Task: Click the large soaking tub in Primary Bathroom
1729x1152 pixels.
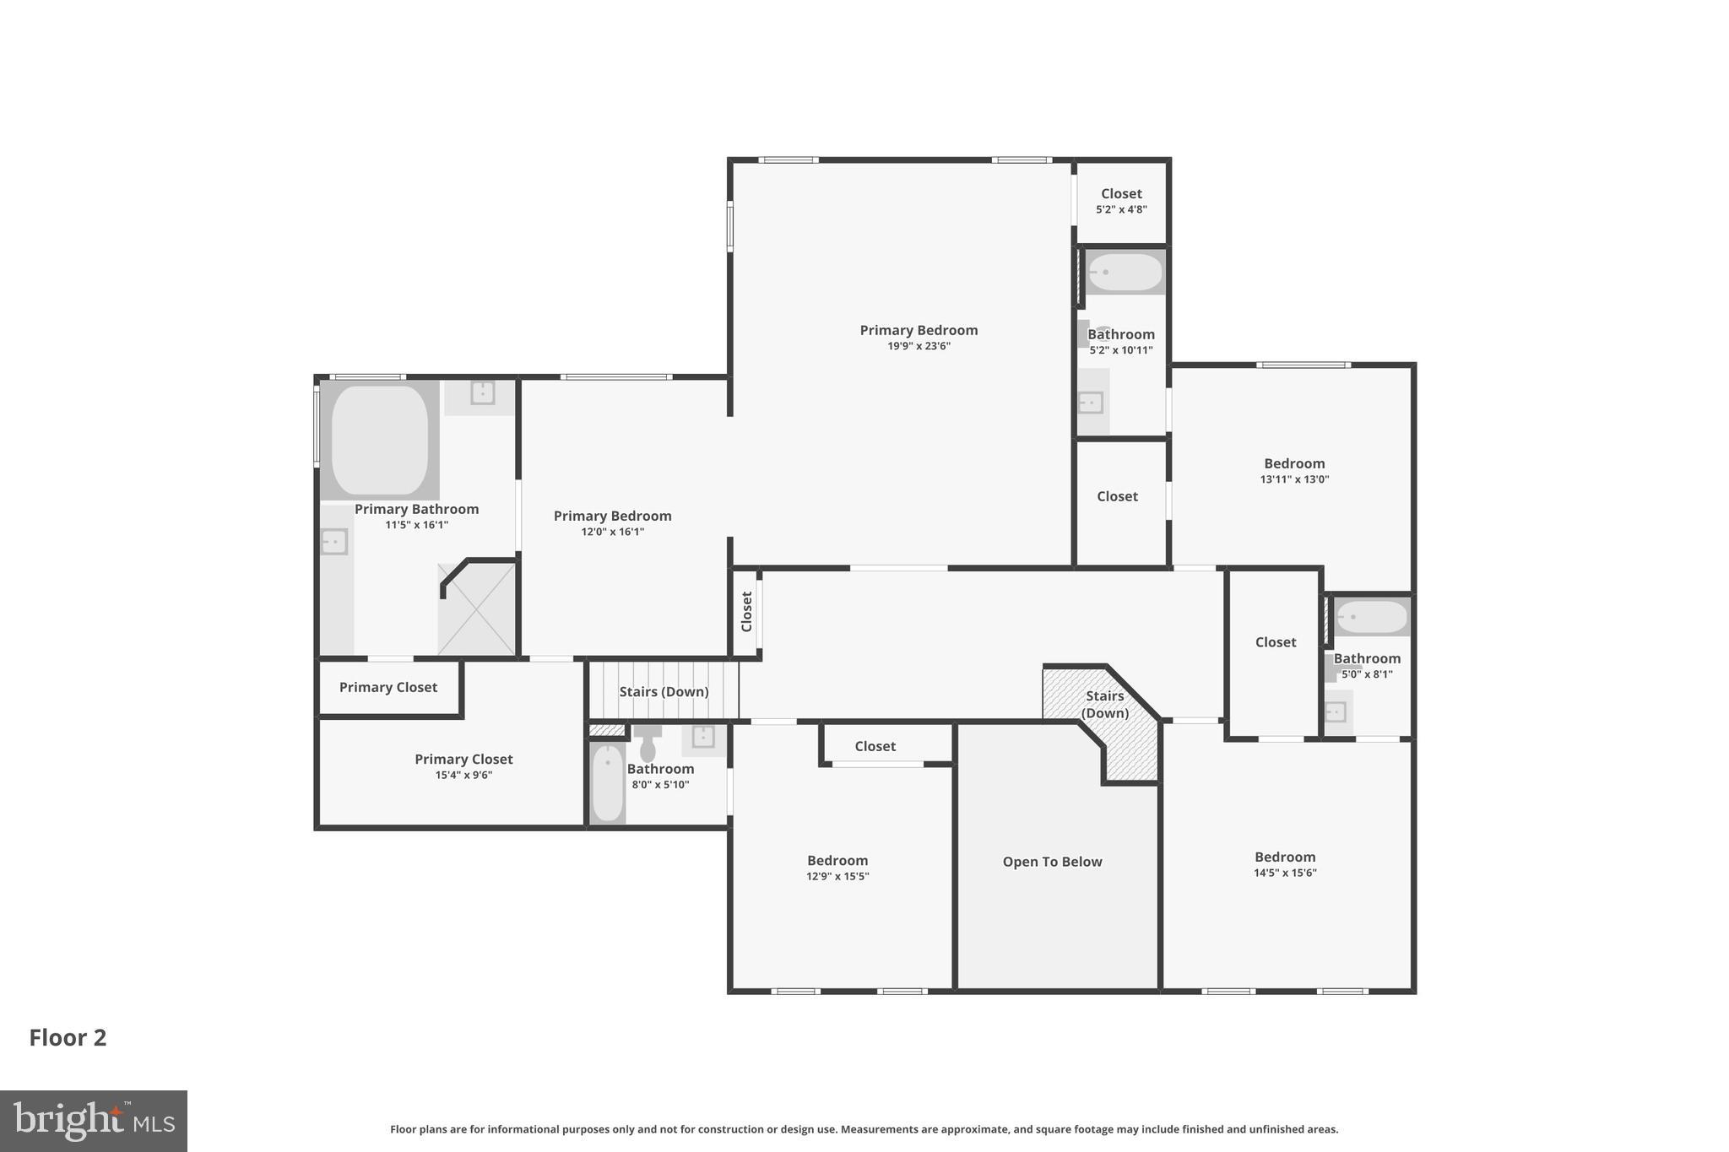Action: (379, 440)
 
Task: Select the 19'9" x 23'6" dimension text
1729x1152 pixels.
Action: (918, 346)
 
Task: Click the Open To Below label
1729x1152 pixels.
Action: (1052, 862)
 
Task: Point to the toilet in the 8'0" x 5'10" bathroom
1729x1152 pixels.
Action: (648, 744)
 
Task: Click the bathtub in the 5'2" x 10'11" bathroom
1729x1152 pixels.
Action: (1125, 273)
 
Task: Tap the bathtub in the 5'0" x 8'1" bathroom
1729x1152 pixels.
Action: (1371, 617)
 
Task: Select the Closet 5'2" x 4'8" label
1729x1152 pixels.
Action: (1121, 201)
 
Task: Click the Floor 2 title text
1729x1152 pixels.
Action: (68, 1038)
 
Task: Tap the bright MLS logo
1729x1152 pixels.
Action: (93, 1121)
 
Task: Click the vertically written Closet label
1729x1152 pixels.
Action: (746, 611)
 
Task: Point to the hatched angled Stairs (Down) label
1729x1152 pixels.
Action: (1104, 704)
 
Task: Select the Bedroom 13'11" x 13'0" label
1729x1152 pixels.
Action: (1294, 470)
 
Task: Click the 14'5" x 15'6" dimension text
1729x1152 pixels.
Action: (1284, 873)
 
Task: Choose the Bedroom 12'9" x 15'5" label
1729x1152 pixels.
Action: (837, 868)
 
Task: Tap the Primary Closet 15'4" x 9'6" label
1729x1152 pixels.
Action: (463, 766)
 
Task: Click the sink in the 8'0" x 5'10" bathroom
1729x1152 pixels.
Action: (702, 737)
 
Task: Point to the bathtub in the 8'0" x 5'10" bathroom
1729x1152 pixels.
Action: (607, 783)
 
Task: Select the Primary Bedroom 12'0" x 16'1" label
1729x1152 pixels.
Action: (612, 522)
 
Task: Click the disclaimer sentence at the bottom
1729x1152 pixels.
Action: (864, 1129)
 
